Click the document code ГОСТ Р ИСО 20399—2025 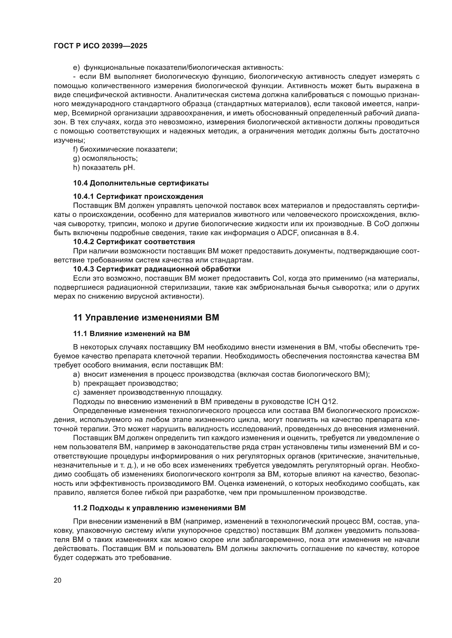(101, 46)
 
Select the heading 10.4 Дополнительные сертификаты (141, 183)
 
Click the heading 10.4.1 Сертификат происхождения (138, 196)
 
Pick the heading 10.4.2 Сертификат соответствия (134, 241)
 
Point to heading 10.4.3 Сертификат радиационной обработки (157, 269)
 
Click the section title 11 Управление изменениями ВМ (146, 317)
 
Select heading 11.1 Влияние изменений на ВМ (131, 334)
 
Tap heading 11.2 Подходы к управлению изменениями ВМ (160, 508)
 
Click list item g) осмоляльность (106, 159)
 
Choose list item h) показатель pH (104, 168)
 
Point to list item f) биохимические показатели (125, 149)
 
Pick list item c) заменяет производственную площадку (148, 392)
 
